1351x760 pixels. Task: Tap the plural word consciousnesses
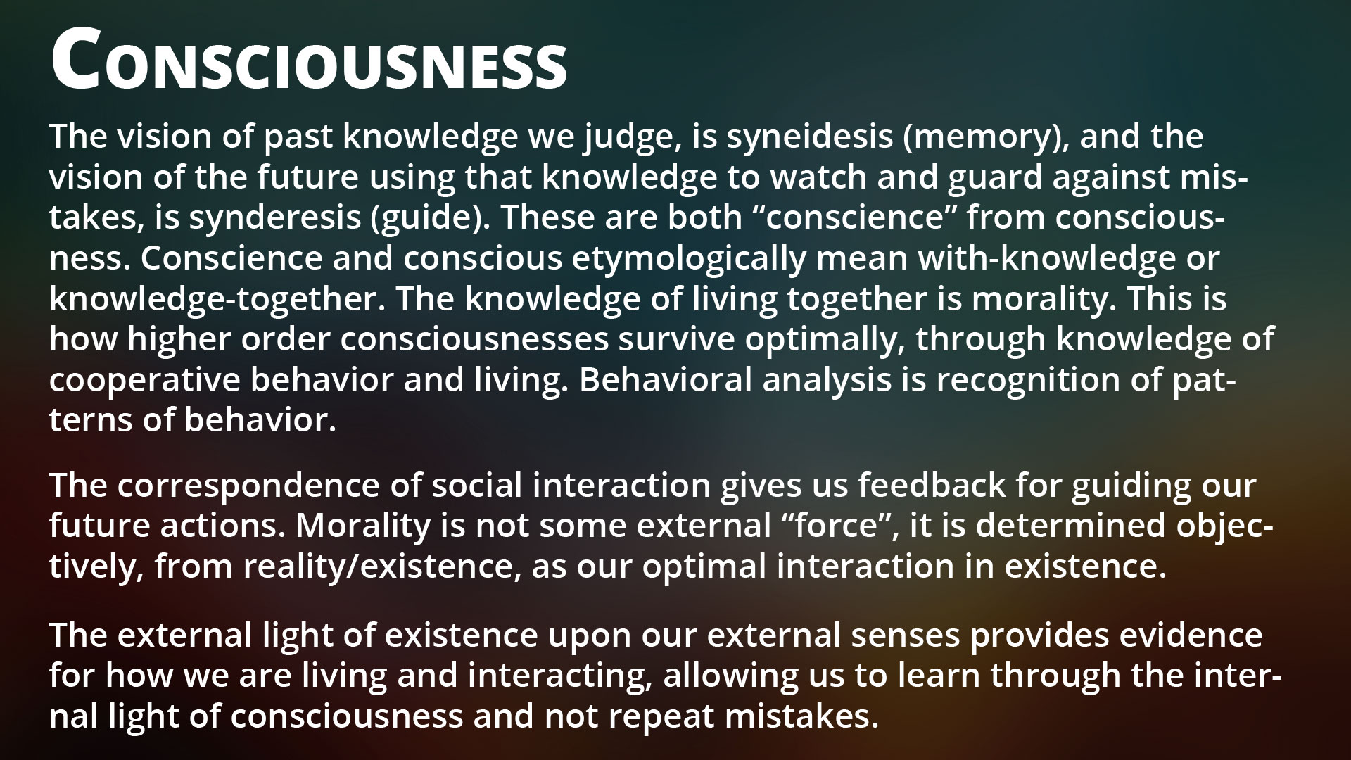coord(475,340)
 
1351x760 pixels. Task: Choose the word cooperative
coord(144,381)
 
